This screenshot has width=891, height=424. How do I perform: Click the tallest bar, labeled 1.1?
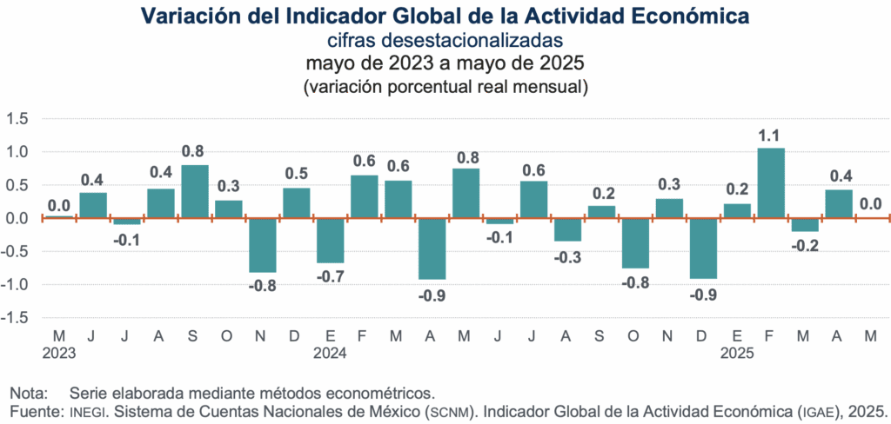click(771, 183)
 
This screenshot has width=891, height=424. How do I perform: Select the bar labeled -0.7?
click(330, 241)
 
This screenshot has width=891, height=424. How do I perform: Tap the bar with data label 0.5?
click(296, 203)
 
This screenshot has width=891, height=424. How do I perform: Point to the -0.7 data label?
click(330, 275)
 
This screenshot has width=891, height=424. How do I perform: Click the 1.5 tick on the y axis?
click(17, 118)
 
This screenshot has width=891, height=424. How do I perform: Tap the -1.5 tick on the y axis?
click(16, 318)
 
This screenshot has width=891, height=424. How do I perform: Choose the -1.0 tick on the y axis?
click(16, 285)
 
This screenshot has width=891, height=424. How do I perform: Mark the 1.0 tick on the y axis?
click(17, 152)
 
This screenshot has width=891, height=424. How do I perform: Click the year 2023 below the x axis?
click(59, 354)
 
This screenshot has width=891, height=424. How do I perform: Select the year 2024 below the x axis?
click(330, 354)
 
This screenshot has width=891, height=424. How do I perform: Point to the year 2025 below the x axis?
click(737, 354)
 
